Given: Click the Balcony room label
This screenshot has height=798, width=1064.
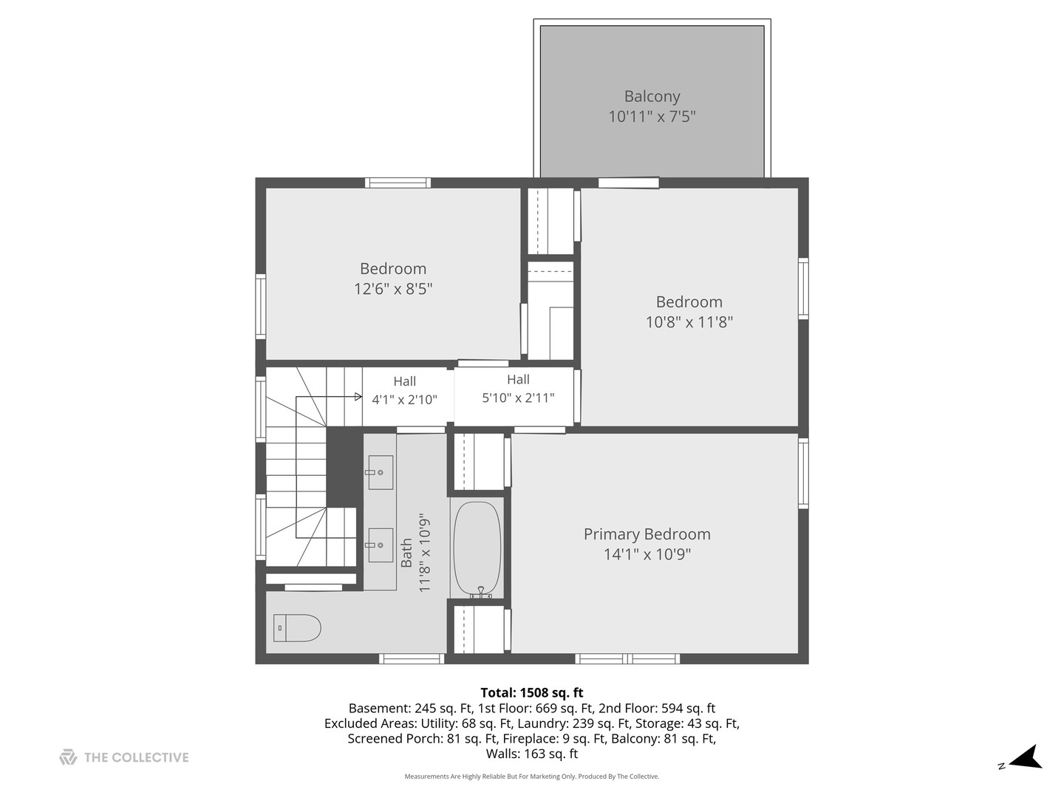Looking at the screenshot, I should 652,96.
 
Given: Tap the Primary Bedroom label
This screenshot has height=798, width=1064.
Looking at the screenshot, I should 647,534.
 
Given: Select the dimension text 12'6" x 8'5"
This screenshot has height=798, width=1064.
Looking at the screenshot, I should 392,289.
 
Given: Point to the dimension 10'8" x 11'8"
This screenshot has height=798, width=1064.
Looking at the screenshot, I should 689,322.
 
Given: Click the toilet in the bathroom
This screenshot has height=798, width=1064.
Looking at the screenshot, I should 297,628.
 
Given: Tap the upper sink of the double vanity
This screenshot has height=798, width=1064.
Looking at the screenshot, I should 381,472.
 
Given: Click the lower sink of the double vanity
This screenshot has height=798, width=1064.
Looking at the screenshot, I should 381,545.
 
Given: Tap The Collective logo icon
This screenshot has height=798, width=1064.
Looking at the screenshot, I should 68,757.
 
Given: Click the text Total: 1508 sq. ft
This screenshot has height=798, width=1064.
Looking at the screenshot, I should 531,692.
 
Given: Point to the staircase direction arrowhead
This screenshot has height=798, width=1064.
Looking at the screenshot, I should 358,397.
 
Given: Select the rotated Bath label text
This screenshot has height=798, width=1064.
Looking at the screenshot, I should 407,553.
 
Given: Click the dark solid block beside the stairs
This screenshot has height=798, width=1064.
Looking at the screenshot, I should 344,465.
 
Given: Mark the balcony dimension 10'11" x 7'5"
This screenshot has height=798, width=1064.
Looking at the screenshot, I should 652,117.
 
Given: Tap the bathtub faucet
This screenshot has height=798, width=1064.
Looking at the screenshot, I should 481,593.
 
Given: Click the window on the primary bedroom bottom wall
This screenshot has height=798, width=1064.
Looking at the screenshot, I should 627,658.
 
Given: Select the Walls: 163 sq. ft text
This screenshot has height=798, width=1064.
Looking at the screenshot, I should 531,754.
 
